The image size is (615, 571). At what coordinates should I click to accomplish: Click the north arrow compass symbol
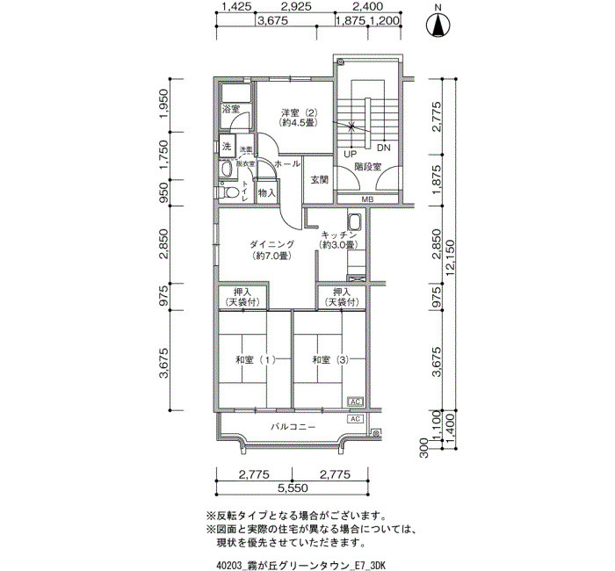point(437,26)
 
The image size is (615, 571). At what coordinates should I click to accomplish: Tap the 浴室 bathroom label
point(231,110)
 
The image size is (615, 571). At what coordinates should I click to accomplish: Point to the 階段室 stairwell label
point(367,167)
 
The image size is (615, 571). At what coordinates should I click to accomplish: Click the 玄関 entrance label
point(319,180)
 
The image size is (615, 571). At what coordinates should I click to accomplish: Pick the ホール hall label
point(287,164)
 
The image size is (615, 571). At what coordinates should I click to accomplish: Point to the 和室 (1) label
point(255,360)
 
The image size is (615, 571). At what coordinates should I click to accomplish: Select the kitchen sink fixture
point(354,225)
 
